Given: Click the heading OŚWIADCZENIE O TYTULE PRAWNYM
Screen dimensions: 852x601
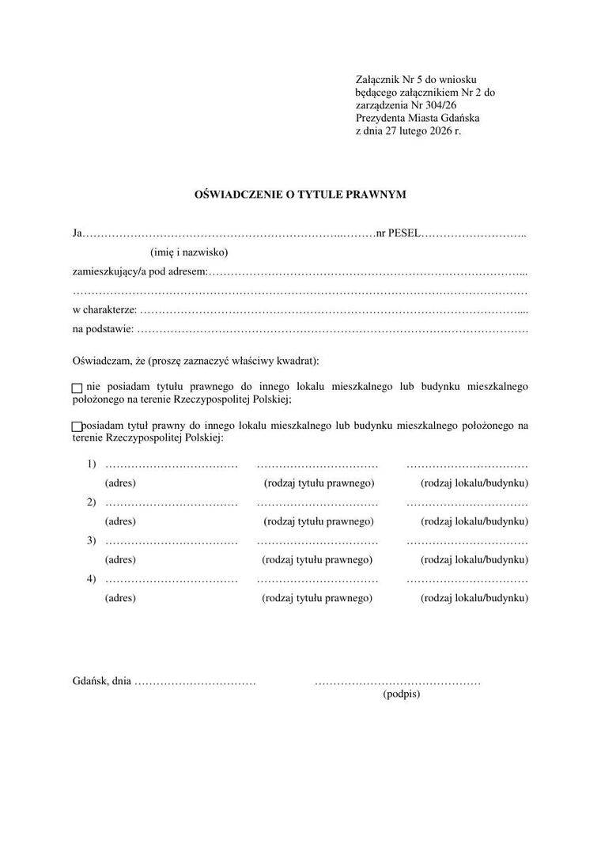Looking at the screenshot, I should point(300,194).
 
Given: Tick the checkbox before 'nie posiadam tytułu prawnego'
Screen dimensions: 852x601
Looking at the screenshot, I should point(77,388).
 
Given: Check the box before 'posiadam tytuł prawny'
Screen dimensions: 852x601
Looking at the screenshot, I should point(77,427).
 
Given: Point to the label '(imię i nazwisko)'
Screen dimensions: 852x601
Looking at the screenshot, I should point(189,252).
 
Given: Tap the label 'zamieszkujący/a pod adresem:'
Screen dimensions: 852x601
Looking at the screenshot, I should point(140,271).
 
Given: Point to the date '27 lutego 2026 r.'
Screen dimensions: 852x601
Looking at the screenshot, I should point(423,131).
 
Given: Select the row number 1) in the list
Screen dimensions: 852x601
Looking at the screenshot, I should point(92,464).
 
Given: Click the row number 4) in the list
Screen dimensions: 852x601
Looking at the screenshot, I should point(92,579).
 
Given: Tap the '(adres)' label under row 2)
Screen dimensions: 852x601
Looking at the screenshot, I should point(120,521).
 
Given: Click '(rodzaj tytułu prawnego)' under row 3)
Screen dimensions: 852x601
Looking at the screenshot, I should point(317,559).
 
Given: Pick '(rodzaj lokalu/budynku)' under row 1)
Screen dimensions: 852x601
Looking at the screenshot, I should point(474,483).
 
